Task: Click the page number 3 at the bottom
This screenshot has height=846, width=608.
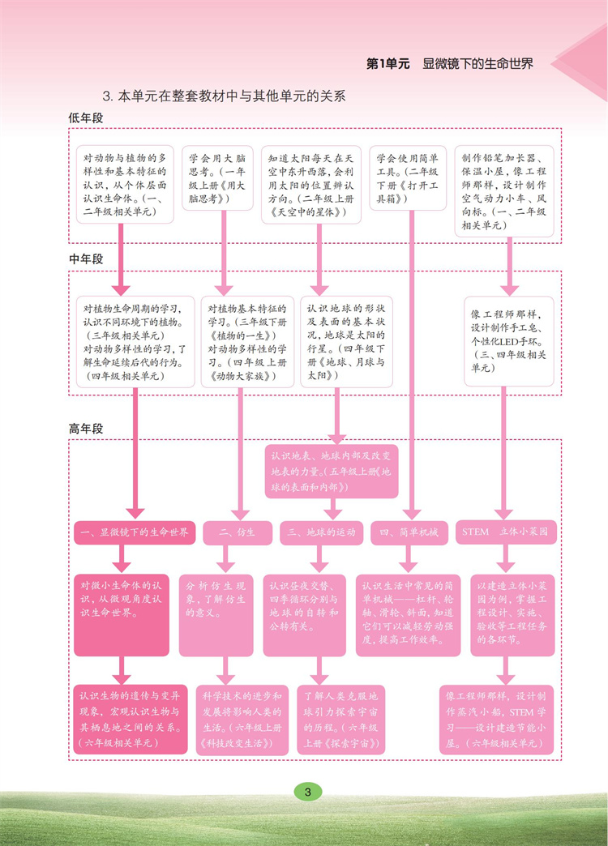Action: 307,792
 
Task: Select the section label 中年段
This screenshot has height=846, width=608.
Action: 86,259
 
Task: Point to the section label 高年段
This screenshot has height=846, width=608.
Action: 86,429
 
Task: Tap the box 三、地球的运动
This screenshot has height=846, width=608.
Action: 322,532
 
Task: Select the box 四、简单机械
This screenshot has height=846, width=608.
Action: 409,532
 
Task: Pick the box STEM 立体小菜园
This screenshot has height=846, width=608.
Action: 505,532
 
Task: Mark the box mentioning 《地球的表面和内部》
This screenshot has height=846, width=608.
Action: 332,471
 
